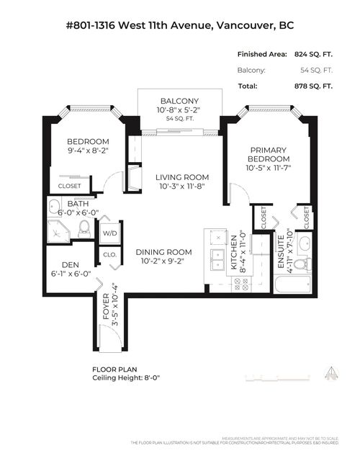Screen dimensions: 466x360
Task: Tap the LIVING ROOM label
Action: pos(184,177)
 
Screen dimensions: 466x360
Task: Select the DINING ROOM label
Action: pos(164,252)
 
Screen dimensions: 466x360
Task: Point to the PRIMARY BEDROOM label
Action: pos(269,153)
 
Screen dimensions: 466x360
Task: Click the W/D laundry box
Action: pos(109,233)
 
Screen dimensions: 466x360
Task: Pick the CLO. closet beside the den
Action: pos(109,254)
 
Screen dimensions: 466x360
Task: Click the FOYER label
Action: pos(106,306)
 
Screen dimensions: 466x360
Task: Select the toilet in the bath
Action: pos(84,228)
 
